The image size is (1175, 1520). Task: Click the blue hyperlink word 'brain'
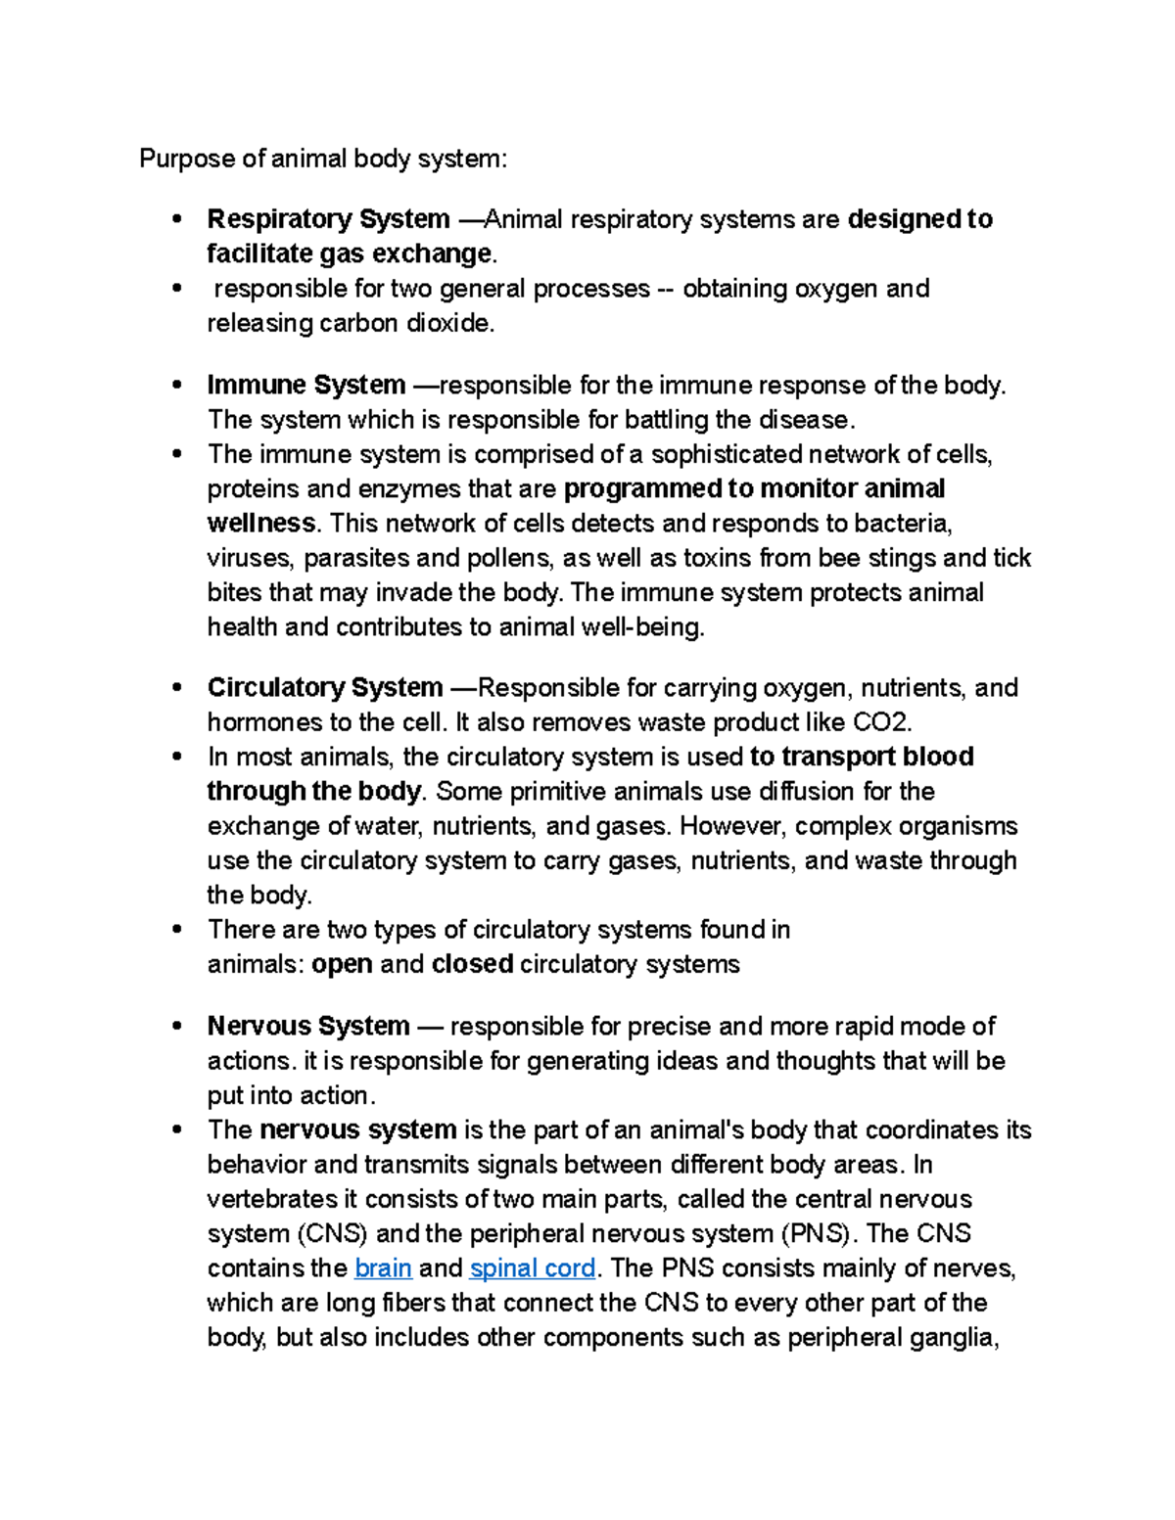(x=383, y=1268)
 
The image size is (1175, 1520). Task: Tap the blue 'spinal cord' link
(x=533, y=1268)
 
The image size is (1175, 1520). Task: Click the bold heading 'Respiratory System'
(x=328, y=219)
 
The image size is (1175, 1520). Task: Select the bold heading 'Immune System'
(x=305, y=386)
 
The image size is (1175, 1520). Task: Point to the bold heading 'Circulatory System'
(x=325, y=688)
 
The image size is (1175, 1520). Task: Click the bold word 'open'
(x=342, y=964)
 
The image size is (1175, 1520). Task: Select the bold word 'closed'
(x=472, y=964)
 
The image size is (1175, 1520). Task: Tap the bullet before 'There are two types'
(x=176, y=929)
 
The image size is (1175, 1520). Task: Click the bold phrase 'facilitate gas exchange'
(x=349, y=254)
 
